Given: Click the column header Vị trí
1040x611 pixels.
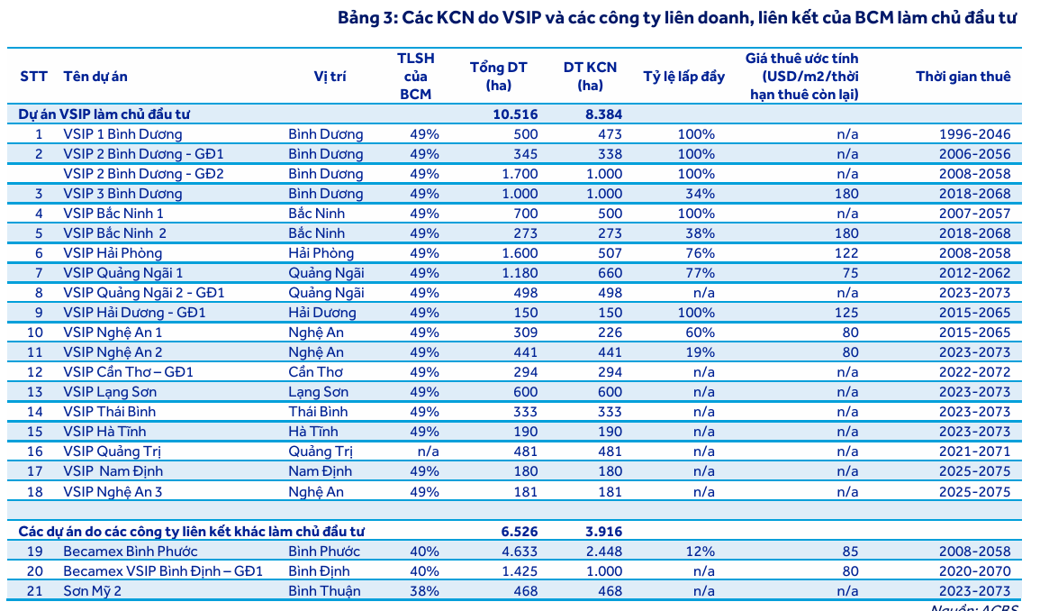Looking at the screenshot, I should point(330,76).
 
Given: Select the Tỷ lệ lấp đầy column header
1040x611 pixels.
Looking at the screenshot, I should point(683,76).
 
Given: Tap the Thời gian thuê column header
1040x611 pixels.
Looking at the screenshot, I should point(963,76).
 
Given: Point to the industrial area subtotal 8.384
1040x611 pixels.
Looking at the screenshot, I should point(599,114).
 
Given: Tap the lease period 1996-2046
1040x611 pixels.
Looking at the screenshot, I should point(974,134).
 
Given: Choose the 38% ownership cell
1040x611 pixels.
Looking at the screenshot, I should point(424,591).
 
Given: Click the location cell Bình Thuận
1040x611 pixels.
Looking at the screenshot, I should point(324,591).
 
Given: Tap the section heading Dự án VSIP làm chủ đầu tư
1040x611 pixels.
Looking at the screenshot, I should point(104,114).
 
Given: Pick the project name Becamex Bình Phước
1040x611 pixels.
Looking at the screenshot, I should point(131,552).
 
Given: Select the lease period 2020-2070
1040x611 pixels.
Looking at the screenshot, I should point(974,571).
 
